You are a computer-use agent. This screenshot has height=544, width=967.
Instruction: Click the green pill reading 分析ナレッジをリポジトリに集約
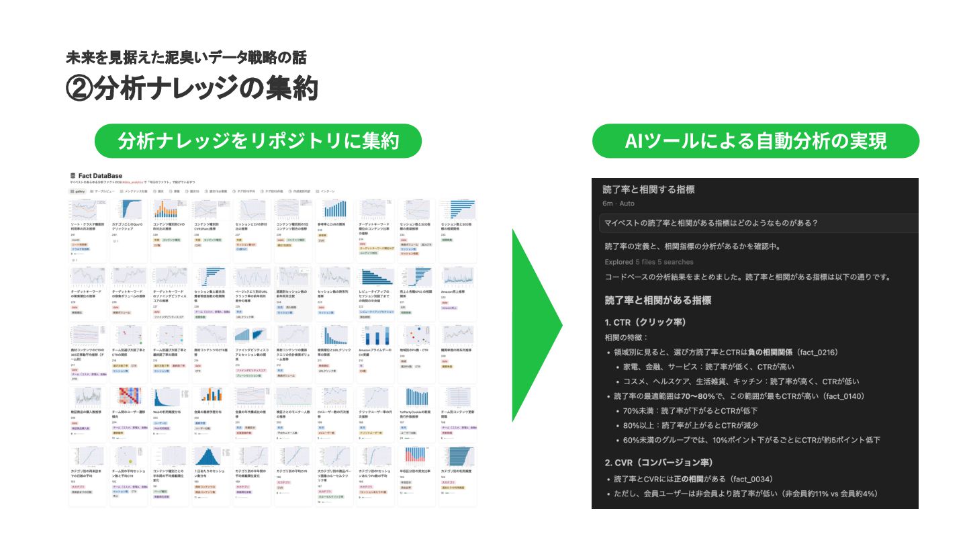point(259,141)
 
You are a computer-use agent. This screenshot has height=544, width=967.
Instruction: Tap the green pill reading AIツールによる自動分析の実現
point(755,141)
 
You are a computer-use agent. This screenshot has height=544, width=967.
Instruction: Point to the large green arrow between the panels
point(534,326)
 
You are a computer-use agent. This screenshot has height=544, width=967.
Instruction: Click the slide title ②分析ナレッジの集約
point(191,88)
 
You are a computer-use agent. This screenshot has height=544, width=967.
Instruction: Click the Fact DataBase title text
point(100,176)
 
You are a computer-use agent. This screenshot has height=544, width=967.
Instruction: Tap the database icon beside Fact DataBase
point(73,176)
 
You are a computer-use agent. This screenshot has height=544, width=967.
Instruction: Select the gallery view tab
point(78,191)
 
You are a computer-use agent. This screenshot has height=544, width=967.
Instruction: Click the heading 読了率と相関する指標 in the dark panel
point(648,189)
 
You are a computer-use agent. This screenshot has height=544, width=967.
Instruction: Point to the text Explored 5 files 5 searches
point(649,262)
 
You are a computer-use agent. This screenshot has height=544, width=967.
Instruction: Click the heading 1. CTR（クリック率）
point(645,322)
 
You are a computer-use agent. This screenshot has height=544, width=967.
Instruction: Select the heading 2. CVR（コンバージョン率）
point(658,462)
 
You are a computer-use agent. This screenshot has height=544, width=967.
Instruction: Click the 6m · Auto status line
point(618,203)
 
